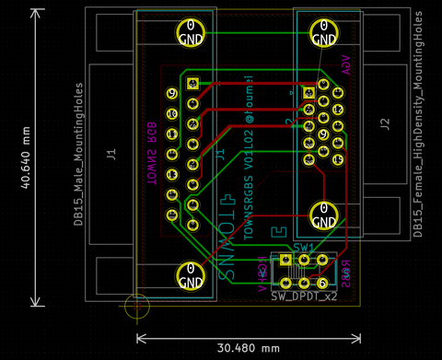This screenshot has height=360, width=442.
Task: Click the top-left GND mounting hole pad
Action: coord(190,32)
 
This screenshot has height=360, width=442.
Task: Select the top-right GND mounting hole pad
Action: coord(322,32)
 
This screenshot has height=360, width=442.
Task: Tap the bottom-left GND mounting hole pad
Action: coord(190,274)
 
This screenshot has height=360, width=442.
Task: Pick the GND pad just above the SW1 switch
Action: coord(322,217)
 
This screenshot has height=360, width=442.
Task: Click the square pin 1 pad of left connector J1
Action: coord(192,84)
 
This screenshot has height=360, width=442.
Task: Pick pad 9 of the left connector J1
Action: coord(171,93)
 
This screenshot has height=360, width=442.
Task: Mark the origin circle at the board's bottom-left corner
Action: coord(136,307)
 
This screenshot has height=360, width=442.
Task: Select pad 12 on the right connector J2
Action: coord(338,110)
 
